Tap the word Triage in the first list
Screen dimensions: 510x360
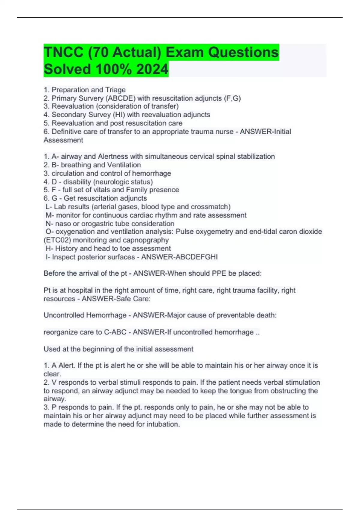coord(115,90)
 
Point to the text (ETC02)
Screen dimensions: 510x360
coord(57,240)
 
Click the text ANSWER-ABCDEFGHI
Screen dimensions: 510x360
coord(179,257)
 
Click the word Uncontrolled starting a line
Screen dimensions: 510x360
coord(64,315)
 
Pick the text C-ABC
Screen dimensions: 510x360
coord(115,332)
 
